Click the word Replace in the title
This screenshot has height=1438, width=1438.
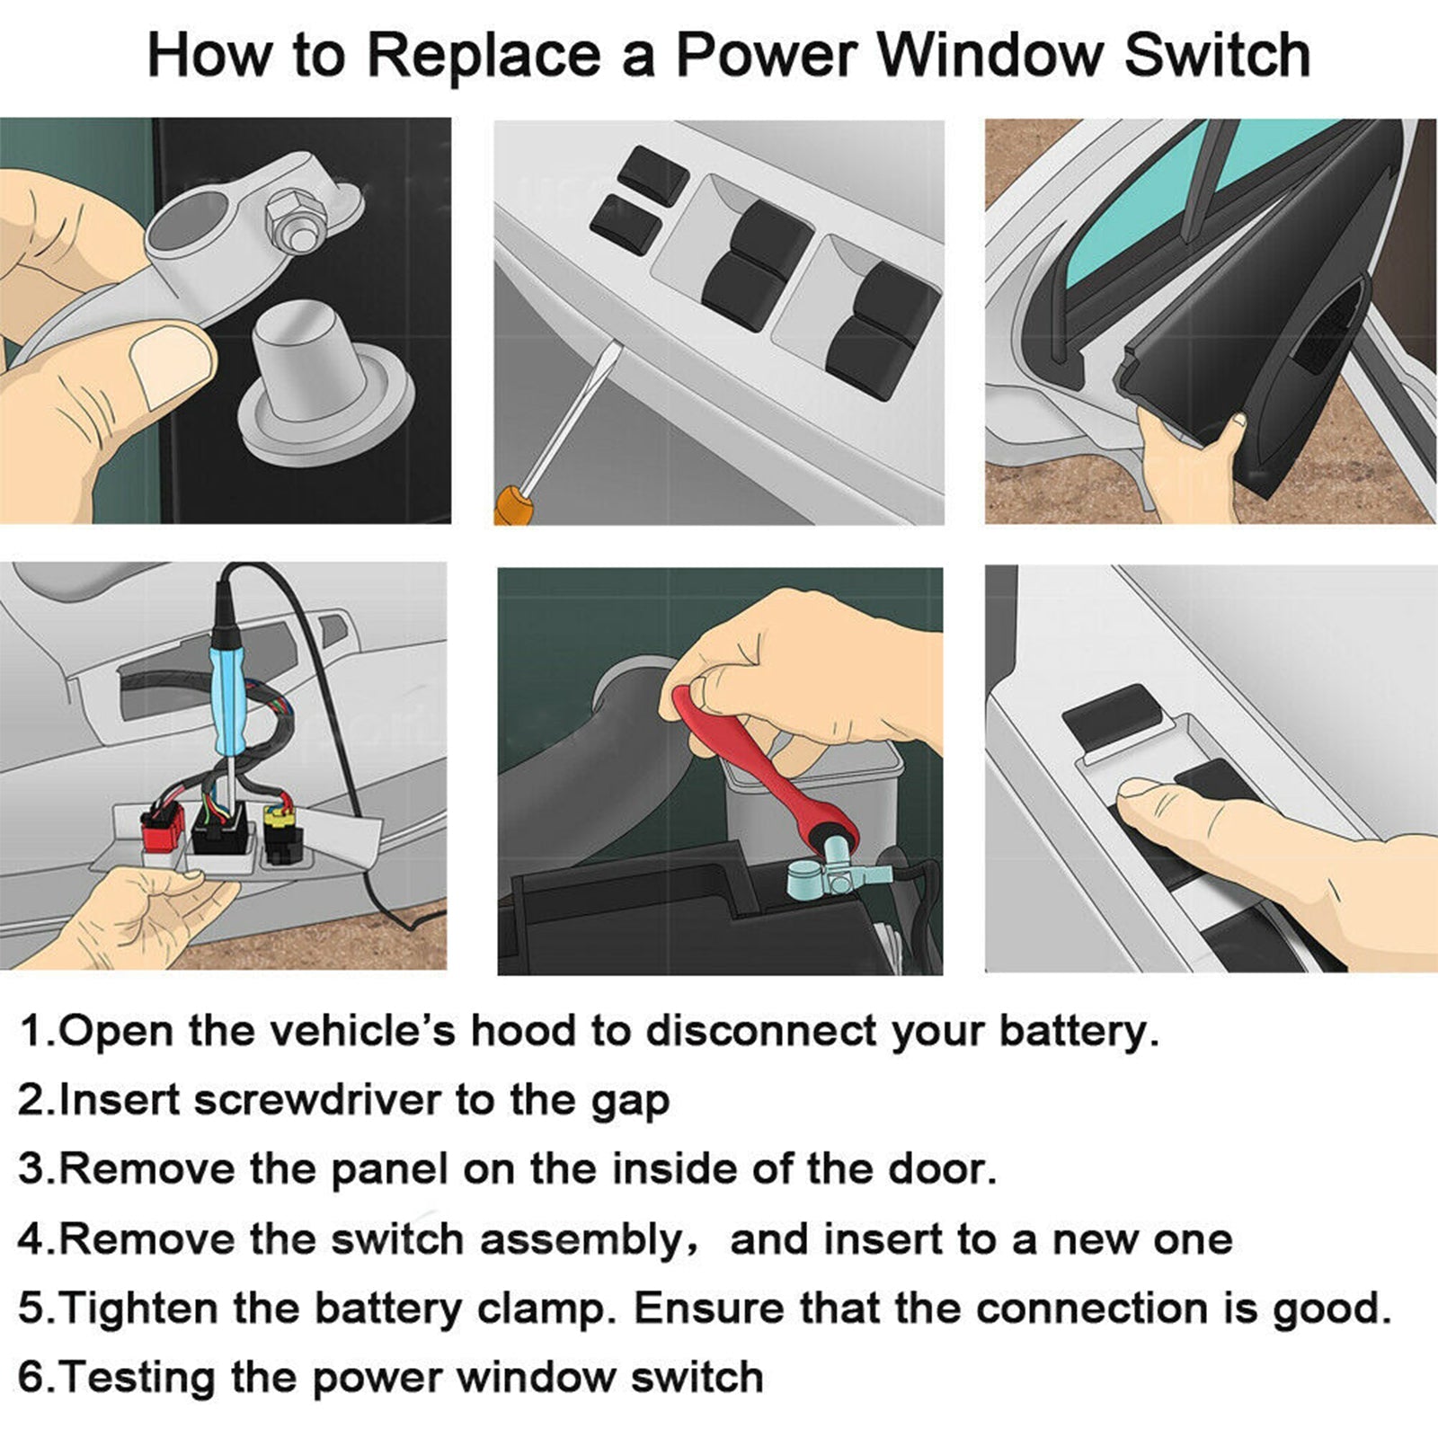484,56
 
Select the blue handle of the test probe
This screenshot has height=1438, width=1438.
226,690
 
